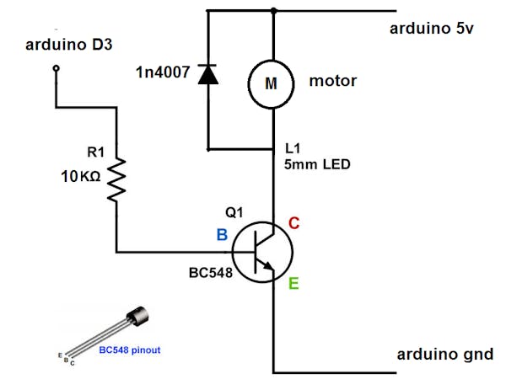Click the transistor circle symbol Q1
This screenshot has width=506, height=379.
coord(262,251)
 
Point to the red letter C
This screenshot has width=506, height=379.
coord(294,223)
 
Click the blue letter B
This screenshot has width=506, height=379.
coord(222,235)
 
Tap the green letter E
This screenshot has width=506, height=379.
coord(294,284)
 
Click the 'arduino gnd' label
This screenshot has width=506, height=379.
coord(444,354)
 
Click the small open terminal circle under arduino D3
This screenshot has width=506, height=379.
coord(57,70)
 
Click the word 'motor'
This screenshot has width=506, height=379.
coord(333,82)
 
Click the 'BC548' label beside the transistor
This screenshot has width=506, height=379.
coord(208,275)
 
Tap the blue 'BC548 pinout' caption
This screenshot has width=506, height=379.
coord(129,349)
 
